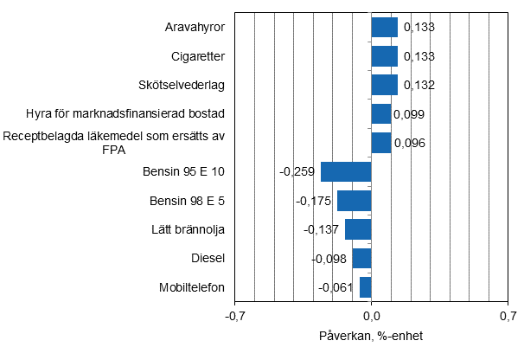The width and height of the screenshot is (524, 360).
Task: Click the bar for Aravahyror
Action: pos(384,28)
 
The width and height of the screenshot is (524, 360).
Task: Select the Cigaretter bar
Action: pos(384,56)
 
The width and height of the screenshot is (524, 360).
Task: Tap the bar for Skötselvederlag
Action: pos(384,85)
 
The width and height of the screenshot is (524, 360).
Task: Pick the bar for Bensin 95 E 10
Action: pos(346,171)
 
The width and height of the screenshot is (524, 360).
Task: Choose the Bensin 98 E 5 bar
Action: pos(354,201)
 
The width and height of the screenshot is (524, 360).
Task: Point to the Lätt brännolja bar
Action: pos(358,229)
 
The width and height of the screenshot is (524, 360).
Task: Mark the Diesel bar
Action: pos(361,258)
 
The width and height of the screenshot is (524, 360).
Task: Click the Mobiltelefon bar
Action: pos(365,287)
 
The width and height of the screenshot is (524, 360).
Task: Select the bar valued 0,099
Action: pos(380,114)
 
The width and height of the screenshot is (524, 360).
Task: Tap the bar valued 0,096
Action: pos(380,143)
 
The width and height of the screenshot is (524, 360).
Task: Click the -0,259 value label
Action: pos(297,172)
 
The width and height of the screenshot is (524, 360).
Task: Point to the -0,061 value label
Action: pos(336,287)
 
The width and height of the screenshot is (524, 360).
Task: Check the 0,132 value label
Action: pos(418,86)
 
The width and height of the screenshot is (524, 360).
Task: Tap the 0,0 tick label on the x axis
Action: pos(371,318)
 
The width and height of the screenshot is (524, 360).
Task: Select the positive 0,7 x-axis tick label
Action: pos(507,318)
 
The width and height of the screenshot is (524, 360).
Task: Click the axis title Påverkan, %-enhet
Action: pos(371,336)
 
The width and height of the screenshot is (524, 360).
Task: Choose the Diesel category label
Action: pos(208,258)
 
